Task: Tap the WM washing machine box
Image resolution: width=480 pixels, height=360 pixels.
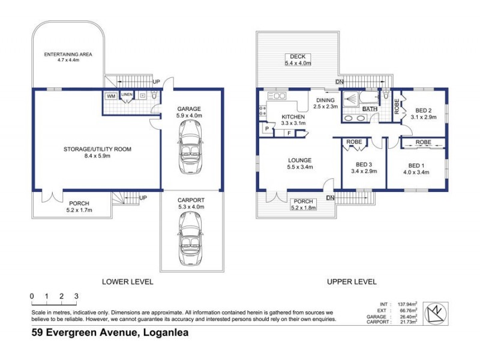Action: [x=111, y=95]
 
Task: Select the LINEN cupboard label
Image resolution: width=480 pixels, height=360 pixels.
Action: [x=127, y=94]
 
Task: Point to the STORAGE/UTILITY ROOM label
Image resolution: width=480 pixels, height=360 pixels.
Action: [x=98, y=149]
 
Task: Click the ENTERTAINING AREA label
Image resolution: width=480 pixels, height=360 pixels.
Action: [x=67, y=55]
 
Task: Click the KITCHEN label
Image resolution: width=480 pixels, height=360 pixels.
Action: [x=293, y=117]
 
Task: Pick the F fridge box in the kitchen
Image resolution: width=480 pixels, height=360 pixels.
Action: [x=289, y=133]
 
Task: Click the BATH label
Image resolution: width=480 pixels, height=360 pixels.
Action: [x=370, y=109]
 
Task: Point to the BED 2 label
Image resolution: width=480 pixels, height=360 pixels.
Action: [x=423, y=110]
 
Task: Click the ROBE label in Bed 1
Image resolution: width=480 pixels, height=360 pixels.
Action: [x=423, y=143]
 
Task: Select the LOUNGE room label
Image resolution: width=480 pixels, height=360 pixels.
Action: [x=299, y=160]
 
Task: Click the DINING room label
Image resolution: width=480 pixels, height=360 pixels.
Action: [x=326, y=100]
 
